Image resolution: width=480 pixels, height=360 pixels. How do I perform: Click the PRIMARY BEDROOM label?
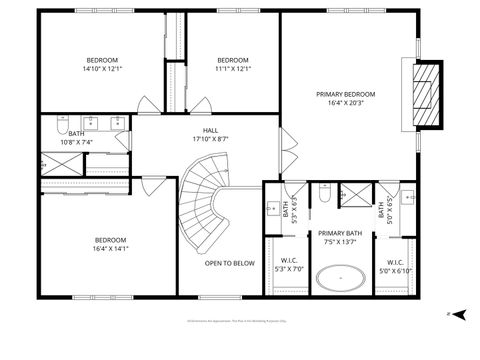346,94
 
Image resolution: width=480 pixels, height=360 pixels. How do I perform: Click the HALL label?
210,130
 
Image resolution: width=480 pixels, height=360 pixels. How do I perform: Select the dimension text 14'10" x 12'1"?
102,69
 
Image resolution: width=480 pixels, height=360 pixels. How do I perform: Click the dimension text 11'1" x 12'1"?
232,69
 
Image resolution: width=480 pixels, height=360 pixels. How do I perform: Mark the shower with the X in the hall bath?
43,161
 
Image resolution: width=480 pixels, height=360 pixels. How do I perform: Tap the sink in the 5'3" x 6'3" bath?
272,209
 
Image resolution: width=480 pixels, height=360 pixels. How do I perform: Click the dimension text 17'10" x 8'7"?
210,139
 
